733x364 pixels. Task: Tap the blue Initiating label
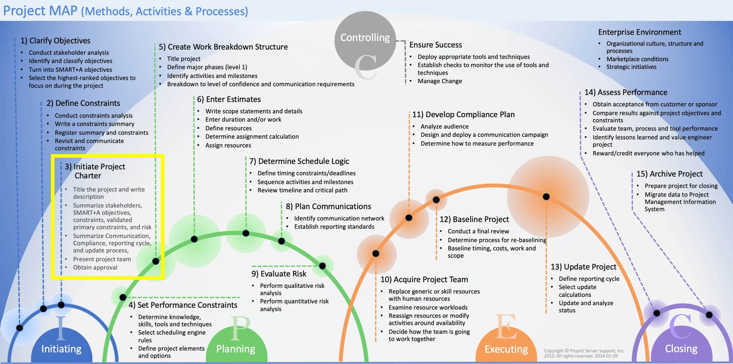[61, 349]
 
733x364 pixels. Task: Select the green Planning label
[236, 349]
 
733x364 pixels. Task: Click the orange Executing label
[506, 349]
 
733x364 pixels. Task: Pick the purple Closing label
[681, 348]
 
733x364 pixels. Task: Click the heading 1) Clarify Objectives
[55, 41]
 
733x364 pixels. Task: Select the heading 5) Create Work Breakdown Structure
[223, 47]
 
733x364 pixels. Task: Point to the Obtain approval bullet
[95, 267]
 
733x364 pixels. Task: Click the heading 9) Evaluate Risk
[279, 274]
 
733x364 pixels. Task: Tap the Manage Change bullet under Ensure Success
[440, 81]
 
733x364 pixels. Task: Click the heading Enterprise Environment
[639, 32]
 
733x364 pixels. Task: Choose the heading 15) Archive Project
[669, 174]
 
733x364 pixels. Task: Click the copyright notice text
[584, 353]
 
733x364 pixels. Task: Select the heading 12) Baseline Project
[474, 220]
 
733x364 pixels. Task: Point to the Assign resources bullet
[228, 145]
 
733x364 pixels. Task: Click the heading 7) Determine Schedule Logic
[299, 161]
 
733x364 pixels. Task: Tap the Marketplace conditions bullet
[637, 59]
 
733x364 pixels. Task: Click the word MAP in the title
[63, 11]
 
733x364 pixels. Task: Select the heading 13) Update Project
[583, 267]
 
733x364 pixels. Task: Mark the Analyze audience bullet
[444, 127]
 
